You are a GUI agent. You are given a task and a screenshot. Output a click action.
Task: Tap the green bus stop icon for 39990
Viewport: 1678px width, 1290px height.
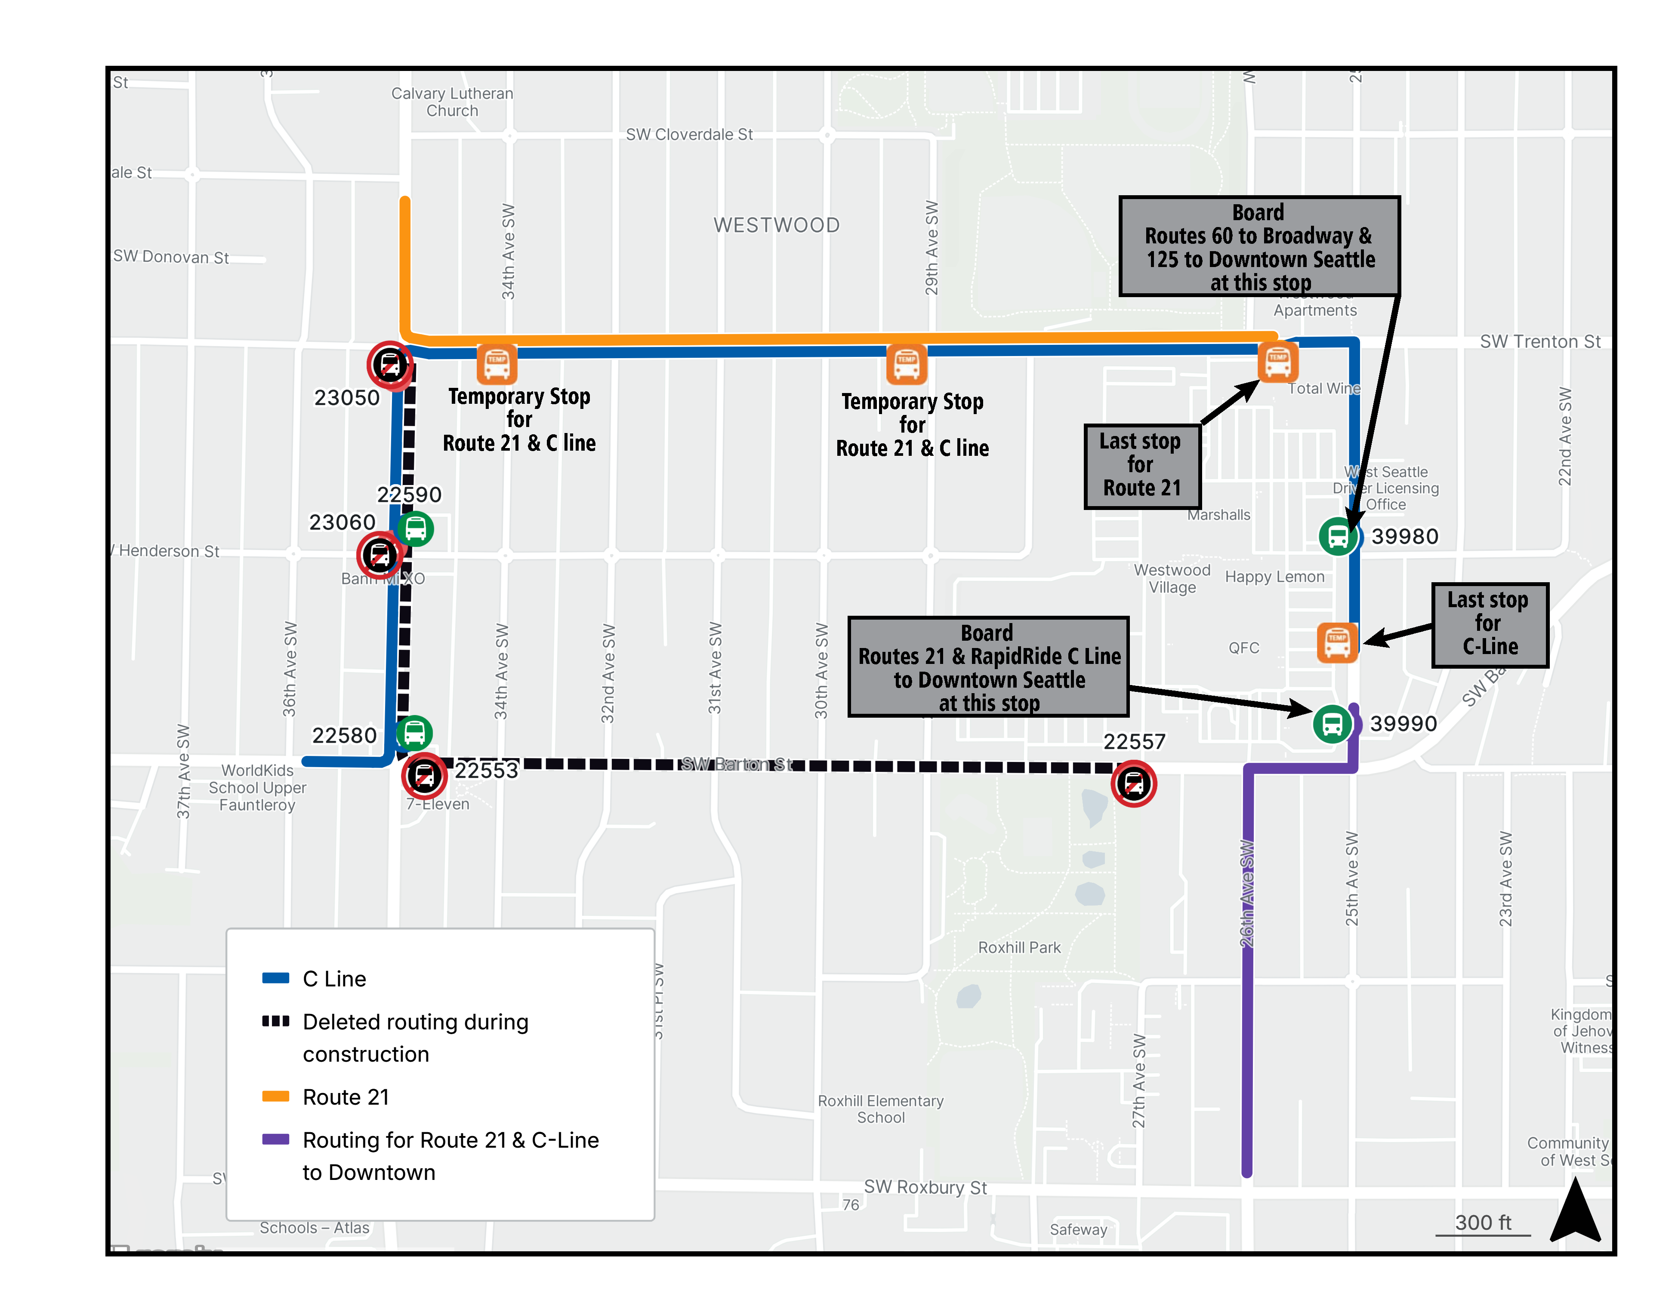[x=1332, y=723]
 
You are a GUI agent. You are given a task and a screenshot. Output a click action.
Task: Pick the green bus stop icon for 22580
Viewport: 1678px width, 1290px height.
[x=414, y=733]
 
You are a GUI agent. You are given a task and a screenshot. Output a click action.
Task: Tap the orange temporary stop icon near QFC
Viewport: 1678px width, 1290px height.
[x=1337, y=642]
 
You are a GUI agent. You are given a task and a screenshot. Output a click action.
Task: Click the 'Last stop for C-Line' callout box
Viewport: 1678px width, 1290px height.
[x=1489, y=624]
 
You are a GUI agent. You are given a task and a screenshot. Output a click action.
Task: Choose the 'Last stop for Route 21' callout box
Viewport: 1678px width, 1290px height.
[x=1142, y=465]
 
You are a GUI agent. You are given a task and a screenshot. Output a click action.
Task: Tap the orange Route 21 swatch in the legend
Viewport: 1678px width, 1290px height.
[x=275, y=1096]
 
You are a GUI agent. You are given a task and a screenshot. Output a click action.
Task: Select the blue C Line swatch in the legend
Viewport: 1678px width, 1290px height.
[x=275, y=978]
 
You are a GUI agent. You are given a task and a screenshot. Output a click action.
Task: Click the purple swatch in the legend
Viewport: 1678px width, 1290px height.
[x=275, y=1139]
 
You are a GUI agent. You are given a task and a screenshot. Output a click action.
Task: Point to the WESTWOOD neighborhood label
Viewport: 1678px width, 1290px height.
[x=776, y=225]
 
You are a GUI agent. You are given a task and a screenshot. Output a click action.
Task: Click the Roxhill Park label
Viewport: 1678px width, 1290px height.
[x=1019, y=948]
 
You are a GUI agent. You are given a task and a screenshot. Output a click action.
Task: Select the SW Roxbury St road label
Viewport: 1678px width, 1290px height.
[x=925, y=1187]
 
